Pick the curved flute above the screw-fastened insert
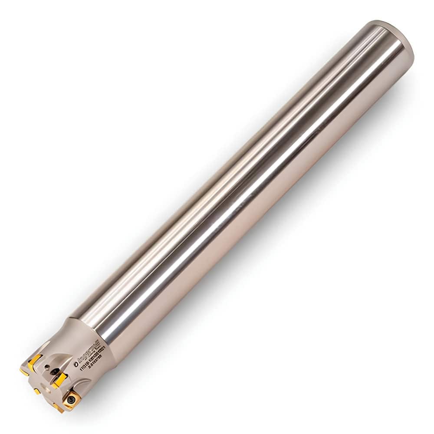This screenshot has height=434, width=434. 82,382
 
